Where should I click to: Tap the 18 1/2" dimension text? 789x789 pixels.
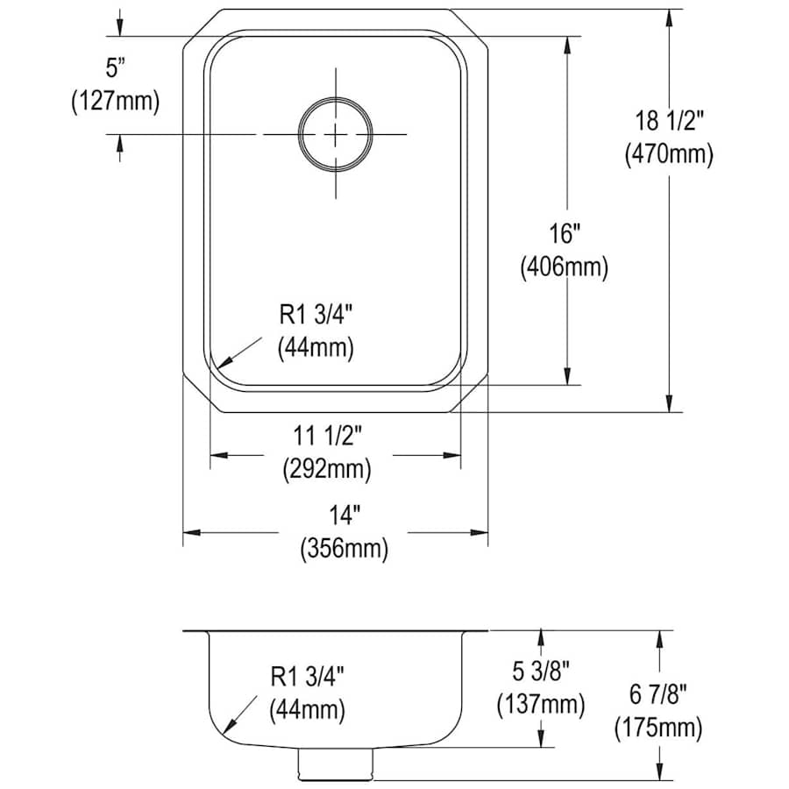click(668, 121)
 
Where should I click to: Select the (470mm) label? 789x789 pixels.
click(669, 154)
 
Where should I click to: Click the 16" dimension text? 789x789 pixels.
click(564, 234)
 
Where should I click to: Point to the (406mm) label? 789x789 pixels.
click(564, 267)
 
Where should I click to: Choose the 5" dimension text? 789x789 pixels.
click(115, 68)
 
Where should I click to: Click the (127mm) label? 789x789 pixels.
click(116, 102)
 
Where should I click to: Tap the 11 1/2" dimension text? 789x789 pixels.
click(328, 436)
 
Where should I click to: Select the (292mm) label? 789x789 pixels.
click(327, 470)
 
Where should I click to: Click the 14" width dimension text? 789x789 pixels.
click(345, 515)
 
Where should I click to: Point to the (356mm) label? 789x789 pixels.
click(345, 549)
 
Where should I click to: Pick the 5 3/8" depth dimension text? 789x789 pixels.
click(541, 671)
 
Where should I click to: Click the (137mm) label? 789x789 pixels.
click(541, 705)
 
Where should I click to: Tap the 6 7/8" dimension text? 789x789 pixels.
click(658, 695)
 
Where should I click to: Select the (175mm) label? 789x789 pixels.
click(658, 729)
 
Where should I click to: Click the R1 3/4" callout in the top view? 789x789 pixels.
click(316, 315)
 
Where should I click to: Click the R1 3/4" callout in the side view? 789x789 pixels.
click(307, 676)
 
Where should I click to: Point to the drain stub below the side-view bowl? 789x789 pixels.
click(335, 763)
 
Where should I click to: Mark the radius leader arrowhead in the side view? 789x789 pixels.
click(229, 727)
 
